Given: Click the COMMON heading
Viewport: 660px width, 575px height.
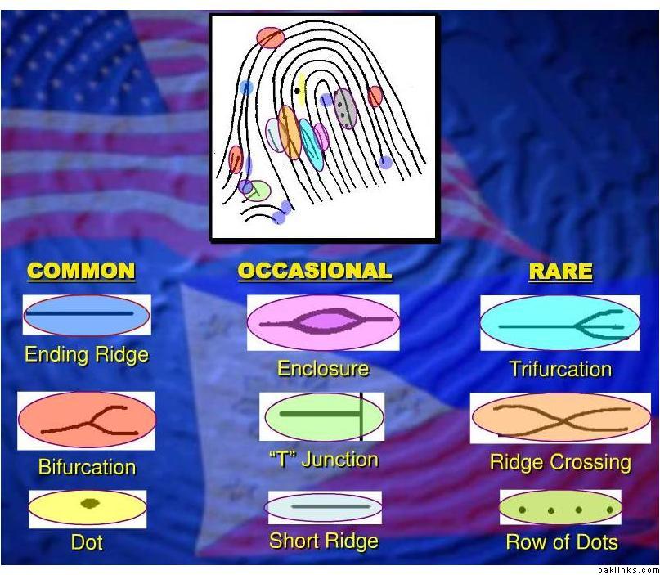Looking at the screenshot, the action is pos(81,271).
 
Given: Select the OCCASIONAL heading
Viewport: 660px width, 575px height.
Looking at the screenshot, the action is pos(315,271).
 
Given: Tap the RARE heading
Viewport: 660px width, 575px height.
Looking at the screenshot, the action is pos(561,271).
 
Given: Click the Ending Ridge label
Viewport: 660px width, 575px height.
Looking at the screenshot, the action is pos(87,354).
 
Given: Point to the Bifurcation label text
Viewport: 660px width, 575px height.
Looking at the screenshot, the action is pos(88,467).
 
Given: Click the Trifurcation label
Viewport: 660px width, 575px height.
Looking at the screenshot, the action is pos(561,369).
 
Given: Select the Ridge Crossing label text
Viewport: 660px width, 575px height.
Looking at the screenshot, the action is pos(561,462).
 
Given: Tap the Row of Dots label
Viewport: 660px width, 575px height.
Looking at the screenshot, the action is pos(562,541).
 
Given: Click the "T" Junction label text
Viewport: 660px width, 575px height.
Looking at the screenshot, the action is pos(323,459).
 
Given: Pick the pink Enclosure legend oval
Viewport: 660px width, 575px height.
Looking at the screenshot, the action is pos(323,322).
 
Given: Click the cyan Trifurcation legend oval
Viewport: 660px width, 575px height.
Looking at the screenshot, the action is pos(560,323).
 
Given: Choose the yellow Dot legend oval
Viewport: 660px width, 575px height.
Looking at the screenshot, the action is pos(88,509).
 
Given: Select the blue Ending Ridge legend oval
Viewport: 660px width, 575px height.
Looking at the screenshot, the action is pos(87,314).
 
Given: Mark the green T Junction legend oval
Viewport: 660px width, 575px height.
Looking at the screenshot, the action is pos(323,416).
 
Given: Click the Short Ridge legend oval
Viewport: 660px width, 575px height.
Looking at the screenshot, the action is pos(323,507).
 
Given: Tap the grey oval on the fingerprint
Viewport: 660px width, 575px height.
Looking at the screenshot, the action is pos(345,108).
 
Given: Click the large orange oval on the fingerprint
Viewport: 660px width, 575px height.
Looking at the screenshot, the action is pos(290,133).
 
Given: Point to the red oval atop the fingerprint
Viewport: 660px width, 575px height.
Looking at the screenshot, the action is pos(271,38).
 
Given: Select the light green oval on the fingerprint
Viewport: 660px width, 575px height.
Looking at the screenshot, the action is pos(256,191).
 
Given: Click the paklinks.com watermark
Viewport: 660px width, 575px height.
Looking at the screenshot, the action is pos(628,570).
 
